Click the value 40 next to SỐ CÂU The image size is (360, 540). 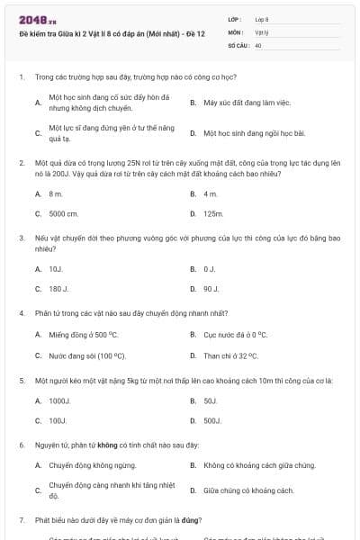click(x=258, y=44)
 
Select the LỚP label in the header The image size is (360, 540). click(x=235, y=18)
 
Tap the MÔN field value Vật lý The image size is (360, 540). click(x=263, y=31)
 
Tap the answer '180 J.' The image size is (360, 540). click(x=59, y=289)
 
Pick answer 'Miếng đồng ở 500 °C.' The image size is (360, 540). click(x=84, y=334)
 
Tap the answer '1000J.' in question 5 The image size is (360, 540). click(x=58, y=400)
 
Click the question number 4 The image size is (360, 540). click(x=22, y=313)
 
